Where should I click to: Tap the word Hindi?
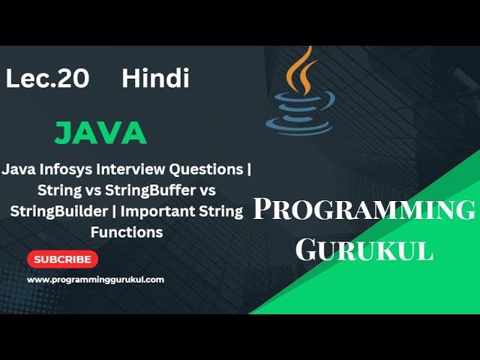click(155, 77)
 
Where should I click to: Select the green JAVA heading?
click(100, 133)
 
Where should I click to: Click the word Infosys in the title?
click(67, 169)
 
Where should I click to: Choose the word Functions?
click(126, 232)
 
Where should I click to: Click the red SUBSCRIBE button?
click(62, 259)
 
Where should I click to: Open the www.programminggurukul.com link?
click(95, 280)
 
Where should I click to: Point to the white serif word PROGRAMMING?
click(364, 211)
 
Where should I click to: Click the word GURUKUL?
click(364, 250)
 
